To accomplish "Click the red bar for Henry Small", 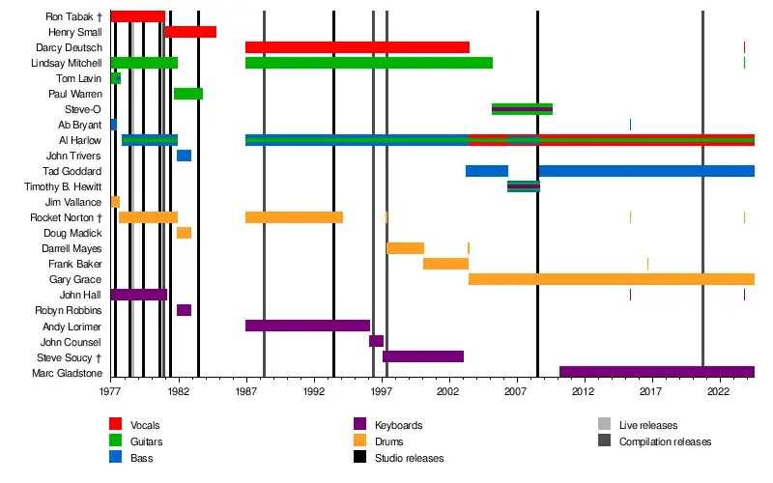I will click(x=190, y=32).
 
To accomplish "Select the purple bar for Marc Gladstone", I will click(x=656, y=372).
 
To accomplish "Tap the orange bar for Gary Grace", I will click(x=611, y=279).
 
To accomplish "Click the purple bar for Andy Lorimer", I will click(x=307, y=326).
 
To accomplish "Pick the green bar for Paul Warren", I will click(x=188, y=94).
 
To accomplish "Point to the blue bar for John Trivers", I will click(x=184, y=156).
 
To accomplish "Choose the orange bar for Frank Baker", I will click(x=445, y=264).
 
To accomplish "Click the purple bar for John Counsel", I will click(x=376, y=341).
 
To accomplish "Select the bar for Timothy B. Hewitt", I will click(x=524, y=186).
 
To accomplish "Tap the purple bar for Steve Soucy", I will click(x=423, y=356).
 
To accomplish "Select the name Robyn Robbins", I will click(x=71, y=310).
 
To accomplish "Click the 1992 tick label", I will click(x=313, y=393).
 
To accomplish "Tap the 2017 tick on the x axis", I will click(x=650, y=393).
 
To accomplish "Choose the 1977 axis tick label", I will click(x=110, y=393).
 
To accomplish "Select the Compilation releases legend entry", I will click(x=665, y=441).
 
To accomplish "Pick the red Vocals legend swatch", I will click(x=115, y=425).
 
